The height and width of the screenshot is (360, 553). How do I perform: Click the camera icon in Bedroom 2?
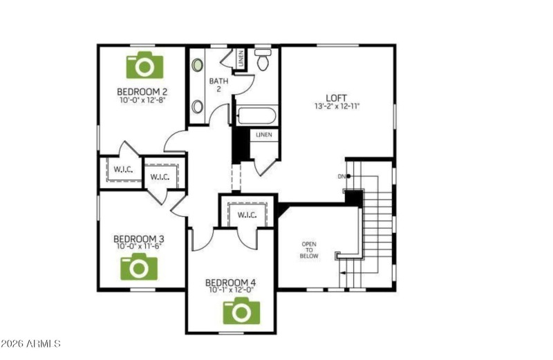tap(143, 65)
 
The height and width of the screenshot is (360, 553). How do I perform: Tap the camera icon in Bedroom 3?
tap(139, 266)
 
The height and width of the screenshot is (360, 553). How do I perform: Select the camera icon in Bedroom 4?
tap(240, 311)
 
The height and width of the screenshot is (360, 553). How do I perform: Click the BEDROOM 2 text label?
tap(142, 91)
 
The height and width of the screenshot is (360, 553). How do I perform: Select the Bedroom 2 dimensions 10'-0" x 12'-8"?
tap(142, 100)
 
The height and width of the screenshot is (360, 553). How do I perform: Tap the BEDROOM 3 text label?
tap(139, 240)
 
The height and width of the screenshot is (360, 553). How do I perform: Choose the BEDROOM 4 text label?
tap(231, 283)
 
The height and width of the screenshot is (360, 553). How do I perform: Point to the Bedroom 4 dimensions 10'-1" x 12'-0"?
tap(231, 290)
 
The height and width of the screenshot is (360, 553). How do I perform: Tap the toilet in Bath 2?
tap(263, 61)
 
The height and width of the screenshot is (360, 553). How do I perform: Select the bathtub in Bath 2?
tap(256, 115)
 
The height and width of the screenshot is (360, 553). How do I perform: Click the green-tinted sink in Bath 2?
tap(198, 64)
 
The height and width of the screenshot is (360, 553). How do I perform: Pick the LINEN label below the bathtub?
tap(264, 135)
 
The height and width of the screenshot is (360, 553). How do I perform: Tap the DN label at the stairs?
tap(341, 176)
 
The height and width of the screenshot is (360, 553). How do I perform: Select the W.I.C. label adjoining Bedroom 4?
tap(247, 215)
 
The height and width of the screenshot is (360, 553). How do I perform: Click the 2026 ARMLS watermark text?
tap(31, 343)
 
